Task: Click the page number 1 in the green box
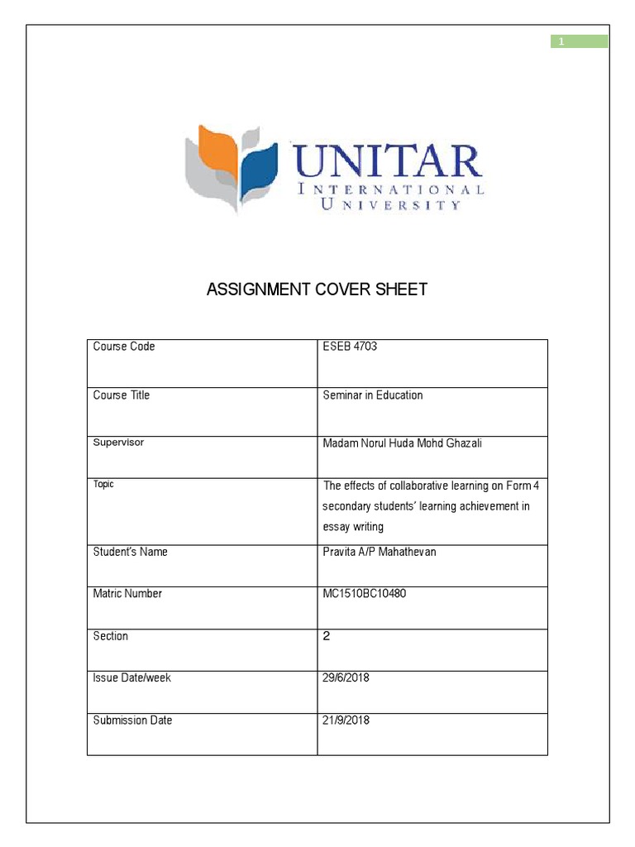[x=561, y=42]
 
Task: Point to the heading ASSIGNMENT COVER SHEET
[x=317, y=290]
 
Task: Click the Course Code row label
[x=124, y=347]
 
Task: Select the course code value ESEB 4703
[x=350, y=347]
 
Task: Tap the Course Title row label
[x=122, y=395]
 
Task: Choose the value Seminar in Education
[x=372, y=395]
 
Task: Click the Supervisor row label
[x=118, y=443]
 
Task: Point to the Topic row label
[x=103, y=485]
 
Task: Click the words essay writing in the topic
[x=353, y=527]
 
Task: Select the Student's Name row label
[x=130, y=552]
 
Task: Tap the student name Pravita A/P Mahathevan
[x=379, y=552]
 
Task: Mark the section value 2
[x=326, y=636]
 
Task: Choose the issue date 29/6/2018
[x=346, y=678]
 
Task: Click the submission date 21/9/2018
[x=346, y=720]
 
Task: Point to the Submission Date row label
[x=132, y=720]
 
